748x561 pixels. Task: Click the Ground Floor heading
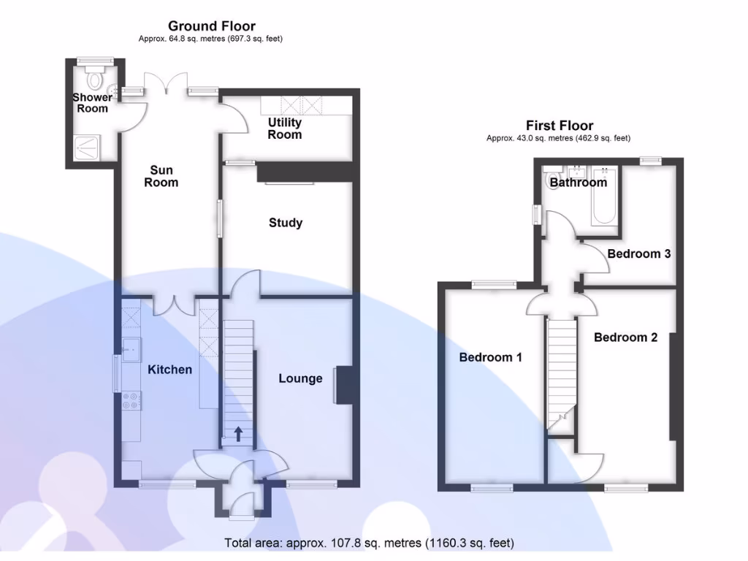[211, 26]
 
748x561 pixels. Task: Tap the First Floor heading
[559, 126]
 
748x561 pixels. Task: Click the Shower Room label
[93, 102]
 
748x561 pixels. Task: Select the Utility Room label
[284, 129]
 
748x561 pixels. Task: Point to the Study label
[286, 223]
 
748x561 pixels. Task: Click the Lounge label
[300, 378]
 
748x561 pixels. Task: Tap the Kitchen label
[169, 370]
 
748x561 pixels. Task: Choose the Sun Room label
[161, 176]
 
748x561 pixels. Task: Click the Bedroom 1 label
[490, 357]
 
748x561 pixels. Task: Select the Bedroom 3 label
[638, 253]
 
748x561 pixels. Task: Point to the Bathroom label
[579, 182]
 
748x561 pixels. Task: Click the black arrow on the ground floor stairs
[238, 434]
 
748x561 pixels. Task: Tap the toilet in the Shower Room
[95, 77]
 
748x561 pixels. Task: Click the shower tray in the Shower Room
[88, 148]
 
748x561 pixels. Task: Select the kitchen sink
[131, 350]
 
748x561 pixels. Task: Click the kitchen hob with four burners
[131, 400]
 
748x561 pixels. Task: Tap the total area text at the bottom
[369, 543]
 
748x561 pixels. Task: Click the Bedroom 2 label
[625, 337]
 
